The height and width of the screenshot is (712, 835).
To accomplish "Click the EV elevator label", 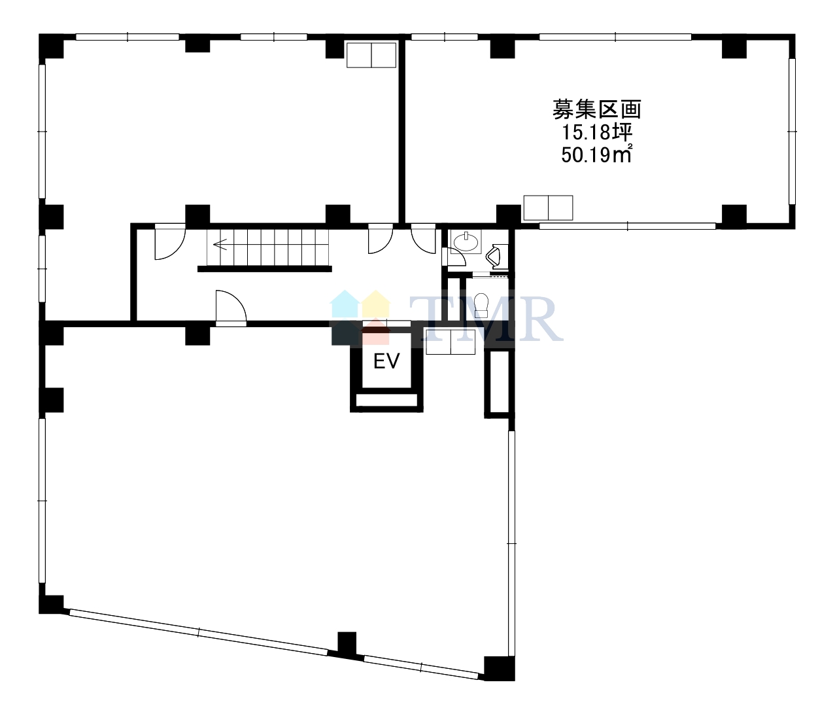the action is pyautogui.click(x=386, y=361).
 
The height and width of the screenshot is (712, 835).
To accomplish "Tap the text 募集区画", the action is pyautogui.click(x=596, y=109).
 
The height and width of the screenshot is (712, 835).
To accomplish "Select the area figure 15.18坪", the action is pyautogui.click(x=597, y=132).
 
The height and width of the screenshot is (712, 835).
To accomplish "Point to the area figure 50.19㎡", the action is pyautogui.click(x=596, y=154).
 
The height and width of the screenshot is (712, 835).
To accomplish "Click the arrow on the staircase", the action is pyautogui.click(x=220, y=244).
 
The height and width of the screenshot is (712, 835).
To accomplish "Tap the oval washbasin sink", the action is pyautogui.click(x=466, y=241).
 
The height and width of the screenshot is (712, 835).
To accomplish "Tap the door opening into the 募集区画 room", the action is pyautogui.click(x=423, y=239).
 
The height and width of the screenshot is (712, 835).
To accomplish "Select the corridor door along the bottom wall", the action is pyautogui.click(x=231, y=308).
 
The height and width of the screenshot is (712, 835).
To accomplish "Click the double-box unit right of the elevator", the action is pyautogui.click(x=451, y=342).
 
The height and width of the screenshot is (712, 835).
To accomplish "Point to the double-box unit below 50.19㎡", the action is pyautogui.click(x=548, y=208).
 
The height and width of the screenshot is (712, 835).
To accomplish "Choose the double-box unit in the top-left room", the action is pyautogui.click(x=371, y=55).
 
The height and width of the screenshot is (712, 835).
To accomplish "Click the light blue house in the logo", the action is pyautogui.click(x=344, y=304).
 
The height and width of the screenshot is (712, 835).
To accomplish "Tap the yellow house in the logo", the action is pyautogui.click(x=376, y=304).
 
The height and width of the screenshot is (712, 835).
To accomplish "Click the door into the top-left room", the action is pyautogui.click(x=381, y=239).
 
